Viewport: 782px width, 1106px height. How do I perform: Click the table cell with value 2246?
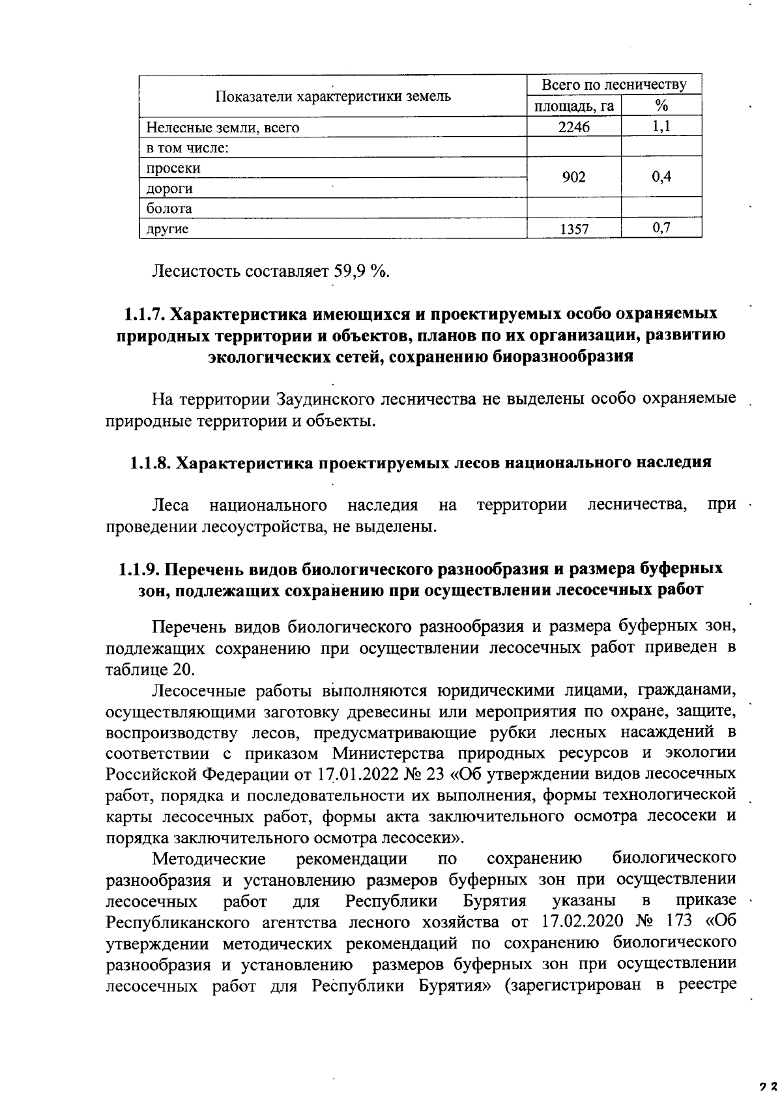pos(573,128)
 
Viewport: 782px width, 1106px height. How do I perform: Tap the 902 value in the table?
pos(573,177)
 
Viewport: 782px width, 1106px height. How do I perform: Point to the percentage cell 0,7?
pos(661,228)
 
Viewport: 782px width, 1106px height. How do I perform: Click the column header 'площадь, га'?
pos(573,106)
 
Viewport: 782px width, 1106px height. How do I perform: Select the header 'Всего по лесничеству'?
pos(614,85)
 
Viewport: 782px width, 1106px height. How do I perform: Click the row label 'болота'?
pos(169,209)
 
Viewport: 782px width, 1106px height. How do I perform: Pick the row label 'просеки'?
pos(173,168)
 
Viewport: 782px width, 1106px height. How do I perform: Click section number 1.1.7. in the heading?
pos(144,313)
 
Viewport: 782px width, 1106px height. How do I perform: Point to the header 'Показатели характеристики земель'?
pos(333,96)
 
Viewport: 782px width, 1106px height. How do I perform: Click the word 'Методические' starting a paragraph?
pos(209,858)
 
